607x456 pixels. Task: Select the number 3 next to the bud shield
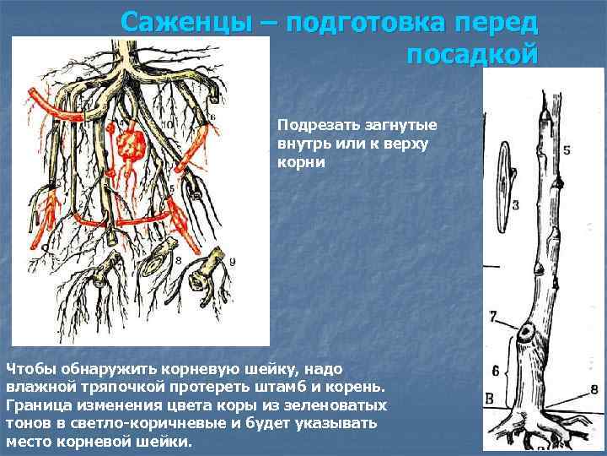point(515,204)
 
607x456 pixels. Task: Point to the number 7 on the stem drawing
point(494,317)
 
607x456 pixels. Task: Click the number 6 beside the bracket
point(496,370)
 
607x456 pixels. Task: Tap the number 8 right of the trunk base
point(594,389)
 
